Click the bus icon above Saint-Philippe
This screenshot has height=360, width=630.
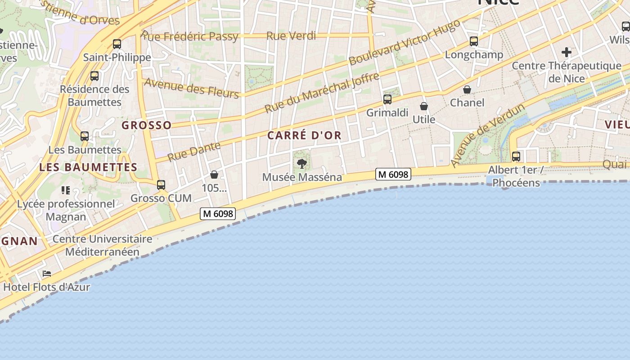117,44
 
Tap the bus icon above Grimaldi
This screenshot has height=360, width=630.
387,99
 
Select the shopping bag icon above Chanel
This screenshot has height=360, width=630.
467,90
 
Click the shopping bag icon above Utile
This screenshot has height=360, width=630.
424,106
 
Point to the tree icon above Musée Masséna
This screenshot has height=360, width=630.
302,163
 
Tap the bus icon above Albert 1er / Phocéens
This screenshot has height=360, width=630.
516,157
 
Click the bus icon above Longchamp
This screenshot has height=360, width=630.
474,41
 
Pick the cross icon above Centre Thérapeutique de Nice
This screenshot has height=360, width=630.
566,52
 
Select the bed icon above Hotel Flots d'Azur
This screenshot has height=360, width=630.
47,273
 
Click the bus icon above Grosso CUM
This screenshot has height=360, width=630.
161,184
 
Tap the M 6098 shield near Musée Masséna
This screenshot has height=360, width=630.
393,174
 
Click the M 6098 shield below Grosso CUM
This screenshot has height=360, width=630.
218,214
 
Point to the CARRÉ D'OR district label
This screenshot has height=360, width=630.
305,135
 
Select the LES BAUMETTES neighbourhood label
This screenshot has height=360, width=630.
88,167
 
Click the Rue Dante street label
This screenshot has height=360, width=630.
194,151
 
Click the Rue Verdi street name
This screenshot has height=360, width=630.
291,36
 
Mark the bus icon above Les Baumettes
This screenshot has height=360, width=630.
85,136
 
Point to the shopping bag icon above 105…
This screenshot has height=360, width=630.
214,175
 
